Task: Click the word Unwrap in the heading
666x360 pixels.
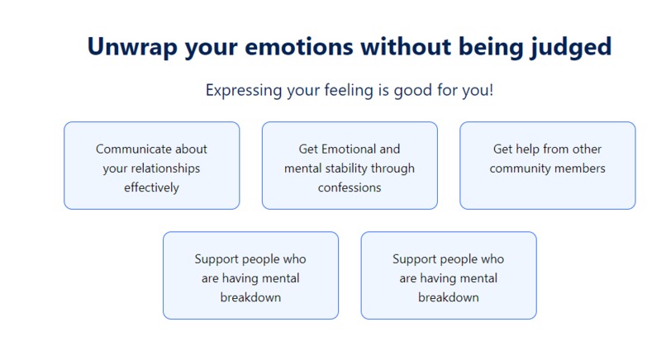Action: pos(132,47)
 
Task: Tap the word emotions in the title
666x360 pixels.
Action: pos(298,46)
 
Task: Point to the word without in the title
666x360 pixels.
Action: pos(406,46)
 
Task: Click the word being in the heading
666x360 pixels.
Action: pos(491,48)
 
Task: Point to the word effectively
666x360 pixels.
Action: pos(152,187)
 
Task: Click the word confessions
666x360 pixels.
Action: pos(350,187)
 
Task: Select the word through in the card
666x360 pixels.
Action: pos(392,168)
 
